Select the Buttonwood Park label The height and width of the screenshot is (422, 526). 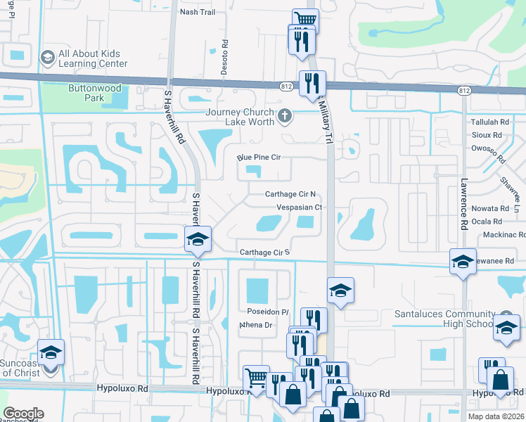95,93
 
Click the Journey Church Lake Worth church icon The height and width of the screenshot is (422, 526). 285,115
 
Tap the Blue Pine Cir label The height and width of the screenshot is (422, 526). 259,157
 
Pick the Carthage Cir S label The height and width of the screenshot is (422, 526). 264,252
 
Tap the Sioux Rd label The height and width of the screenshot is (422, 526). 487,134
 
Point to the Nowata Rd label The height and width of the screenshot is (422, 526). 490,209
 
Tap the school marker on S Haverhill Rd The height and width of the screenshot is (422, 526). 198,239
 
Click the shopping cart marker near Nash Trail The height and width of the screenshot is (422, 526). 304,20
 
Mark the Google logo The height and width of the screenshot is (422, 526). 23,414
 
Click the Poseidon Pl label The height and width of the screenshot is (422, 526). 267,312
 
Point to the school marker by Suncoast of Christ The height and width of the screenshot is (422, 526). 51,352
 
